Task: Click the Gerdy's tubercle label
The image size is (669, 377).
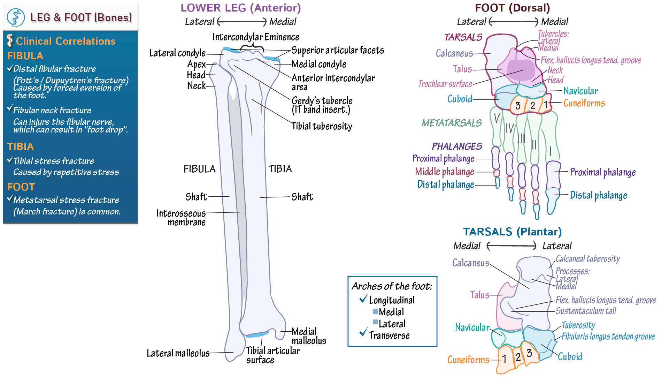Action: pos(322,101)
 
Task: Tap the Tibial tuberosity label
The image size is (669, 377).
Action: pos(322,126)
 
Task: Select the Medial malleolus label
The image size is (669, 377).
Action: pos(309,336)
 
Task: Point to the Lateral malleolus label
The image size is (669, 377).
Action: pos(178,353)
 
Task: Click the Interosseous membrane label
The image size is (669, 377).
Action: pos(181,218)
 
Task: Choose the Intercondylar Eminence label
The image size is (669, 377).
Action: pos(256,37)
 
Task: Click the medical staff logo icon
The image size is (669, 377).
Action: pos(16,18)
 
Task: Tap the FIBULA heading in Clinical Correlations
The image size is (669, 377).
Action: pos(25,56)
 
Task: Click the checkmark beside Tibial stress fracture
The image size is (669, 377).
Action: pos(10,160)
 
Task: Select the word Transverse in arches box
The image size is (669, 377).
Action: pos(389,335)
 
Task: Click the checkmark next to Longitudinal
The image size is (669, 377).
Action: pos(363,299)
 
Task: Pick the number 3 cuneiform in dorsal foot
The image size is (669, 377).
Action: pos(518,106)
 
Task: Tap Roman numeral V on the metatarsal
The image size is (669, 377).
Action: pos(497,118)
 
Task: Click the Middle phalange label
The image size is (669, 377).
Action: pos(444,172)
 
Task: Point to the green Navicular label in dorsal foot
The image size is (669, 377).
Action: pos(580,91)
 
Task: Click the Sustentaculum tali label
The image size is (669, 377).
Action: pos(586,311)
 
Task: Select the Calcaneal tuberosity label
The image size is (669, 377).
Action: pos(587,258)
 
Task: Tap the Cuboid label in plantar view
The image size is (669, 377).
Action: pos(570,356)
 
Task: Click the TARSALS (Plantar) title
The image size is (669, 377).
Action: pos(512,232)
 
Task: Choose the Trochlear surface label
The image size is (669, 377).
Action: pos(445,84)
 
